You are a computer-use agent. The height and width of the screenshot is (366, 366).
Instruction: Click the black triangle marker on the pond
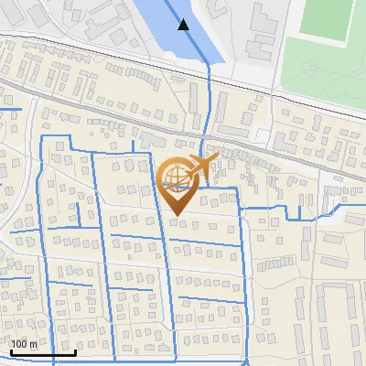coord(184,25)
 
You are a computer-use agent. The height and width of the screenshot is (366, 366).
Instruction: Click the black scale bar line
coord(42,353)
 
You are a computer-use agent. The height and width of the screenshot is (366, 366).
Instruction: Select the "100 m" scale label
coord(24,344)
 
